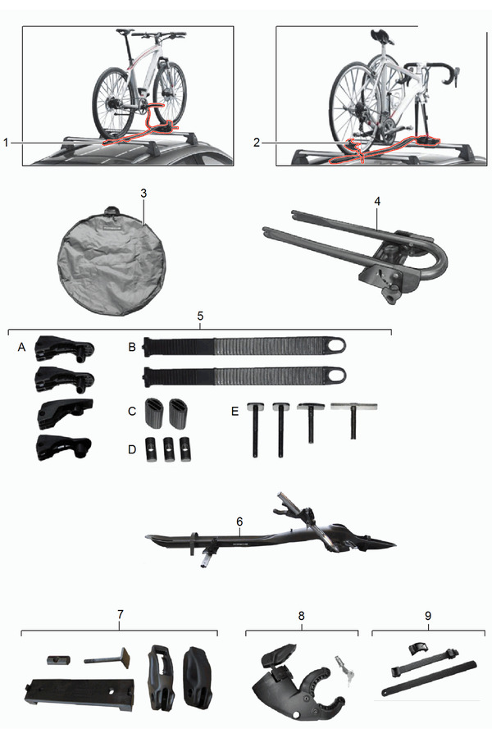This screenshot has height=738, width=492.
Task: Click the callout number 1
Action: click(6, 142)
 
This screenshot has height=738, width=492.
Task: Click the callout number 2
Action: click(257, 142)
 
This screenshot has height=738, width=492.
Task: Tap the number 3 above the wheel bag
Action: click(143, 193)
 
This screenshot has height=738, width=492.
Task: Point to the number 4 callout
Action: click(377, 201)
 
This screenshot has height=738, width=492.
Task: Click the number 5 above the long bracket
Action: click(200, 316)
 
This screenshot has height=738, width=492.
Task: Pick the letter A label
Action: click(21, 347)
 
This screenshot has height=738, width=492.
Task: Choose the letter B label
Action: click(132, 347)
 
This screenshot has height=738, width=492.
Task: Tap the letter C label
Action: click(132, 412)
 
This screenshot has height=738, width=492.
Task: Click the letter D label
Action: click(132, 449)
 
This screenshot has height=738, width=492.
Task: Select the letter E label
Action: click(235, 412)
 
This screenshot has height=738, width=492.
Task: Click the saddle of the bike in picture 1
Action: click(123, 31)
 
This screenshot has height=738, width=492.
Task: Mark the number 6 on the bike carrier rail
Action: click(239, 522)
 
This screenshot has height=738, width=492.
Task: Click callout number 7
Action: click(120, 614)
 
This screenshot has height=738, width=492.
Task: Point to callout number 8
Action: click(301, 616)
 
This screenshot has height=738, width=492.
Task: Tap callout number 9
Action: click(428, 616)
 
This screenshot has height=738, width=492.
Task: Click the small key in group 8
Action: click(342, 669)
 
